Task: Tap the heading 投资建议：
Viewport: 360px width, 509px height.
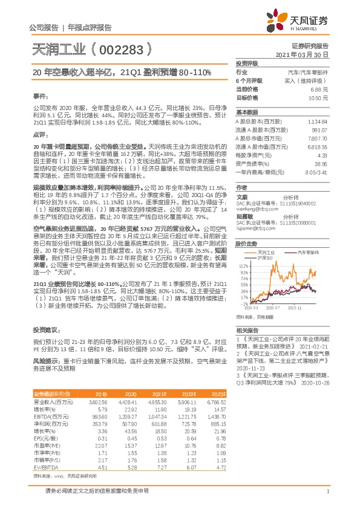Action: click(45, 331)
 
